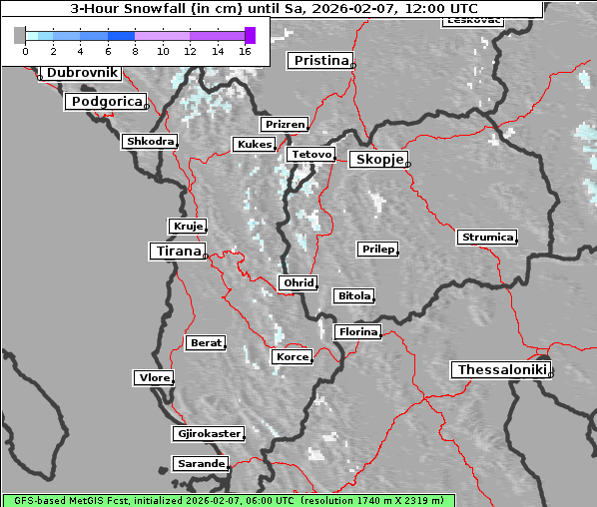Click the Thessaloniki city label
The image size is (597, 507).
point(501,369)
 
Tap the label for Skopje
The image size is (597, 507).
point(378,160)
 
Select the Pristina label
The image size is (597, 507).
point(320,61)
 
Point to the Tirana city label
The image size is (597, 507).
point(177,252)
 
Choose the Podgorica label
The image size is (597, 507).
point(106,102)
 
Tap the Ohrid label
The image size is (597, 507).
point(298,283)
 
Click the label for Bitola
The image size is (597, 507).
point(353,295)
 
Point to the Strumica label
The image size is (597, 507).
point(487,237)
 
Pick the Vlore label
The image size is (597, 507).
point(154,377)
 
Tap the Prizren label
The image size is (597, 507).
point(284,125)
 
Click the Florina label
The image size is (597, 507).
point(357,331)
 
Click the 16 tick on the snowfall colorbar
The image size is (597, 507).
point(245,50)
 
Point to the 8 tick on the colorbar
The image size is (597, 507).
point(135,50)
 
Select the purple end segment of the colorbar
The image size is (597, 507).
point(250,35)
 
